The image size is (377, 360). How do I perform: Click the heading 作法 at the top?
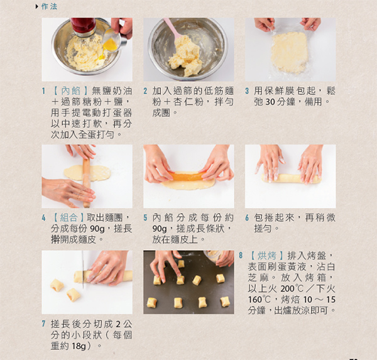48,6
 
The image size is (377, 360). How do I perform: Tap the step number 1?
44,90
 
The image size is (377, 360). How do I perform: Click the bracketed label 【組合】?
69,217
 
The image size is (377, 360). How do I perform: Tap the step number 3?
248,90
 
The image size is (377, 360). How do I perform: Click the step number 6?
248,217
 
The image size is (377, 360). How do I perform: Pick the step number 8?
241,256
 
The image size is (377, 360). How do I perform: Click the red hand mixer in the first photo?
83,26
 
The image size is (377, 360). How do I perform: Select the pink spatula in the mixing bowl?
172,31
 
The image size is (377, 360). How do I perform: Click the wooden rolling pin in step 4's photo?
87,182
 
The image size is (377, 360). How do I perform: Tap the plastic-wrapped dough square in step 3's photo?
289,52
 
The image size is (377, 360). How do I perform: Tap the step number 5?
146,217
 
